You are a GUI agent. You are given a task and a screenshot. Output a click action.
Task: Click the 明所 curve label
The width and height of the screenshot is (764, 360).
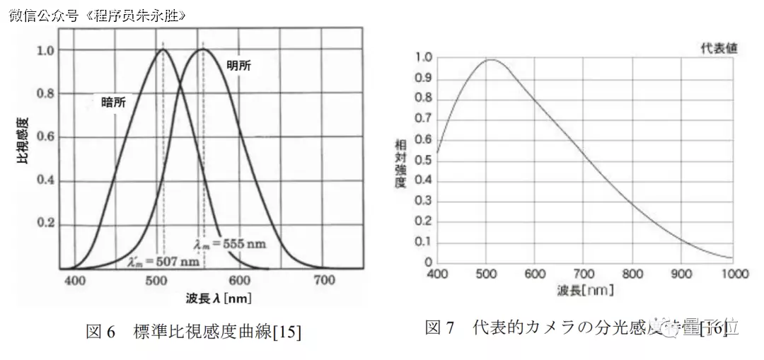pos(238,65)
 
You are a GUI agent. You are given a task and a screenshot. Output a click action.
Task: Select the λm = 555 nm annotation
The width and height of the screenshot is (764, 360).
pos(230,243)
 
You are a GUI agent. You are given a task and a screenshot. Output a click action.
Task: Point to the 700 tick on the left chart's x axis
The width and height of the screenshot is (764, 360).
pos(324,281)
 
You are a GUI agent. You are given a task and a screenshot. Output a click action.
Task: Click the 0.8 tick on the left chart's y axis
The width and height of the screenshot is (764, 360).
pos(46,93)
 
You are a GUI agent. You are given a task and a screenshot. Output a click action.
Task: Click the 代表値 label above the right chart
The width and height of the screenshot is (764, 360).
pos(719,49)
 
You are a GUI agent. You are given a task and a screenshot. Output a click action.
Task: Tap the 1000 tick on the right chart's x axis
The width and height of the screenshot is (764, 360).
pos(735,274)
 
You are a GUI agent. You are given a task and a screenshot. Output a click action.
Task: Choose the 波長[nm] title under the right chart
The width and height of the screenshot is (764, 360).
pos(585,290)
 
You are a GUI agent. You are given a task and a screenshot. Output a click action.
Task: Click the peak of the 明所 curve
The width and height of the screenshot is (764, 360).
pos(203,49)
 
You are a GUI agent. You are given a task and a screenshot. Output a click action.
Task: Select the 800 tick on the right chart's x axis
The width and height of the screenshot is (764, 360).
pos(632,274)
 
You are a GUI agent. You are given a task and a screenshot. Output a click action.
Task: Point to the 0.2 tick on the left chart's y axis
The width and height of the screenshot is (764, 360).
pos(46,223)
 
